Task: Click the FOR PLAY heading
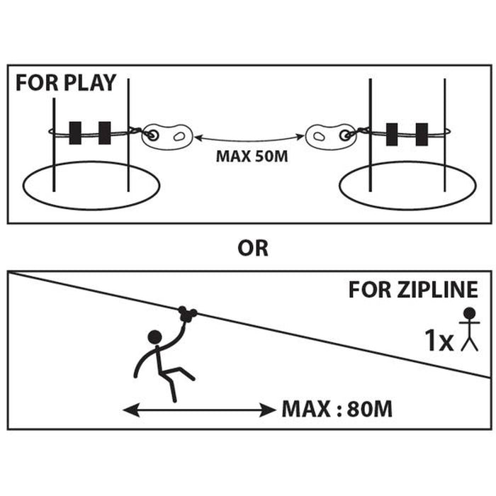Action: click(65, 82)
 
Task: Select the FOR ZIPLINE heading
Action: click(413, 290)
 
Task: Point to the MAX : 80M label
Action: click(337, 409)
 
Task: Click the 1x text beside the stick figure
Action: click(439, 342)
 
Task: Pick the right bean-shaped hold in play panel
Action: click(329, 134)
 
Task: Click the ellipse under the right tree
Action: click(407, 188)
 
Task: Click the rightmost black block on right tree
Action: click(422, 134)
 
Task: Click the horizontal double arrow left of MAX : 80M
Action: click(198, 409)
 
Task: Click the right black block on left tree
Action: click(105, 133)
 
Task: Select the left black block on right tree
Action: click(392, 134)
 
